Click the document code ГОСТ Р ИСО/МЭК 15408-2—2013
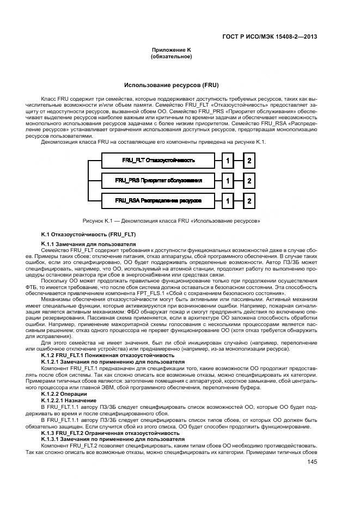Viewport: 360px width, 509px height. click(270, 37)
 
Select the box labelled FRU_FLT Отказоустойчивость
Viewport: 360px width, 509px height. click(158, 161)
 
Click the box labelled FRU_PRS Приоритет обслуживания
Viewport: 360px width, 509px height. click(158, 181)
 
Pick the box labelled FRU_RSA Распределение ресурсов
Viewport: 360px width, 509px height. click(158, 200)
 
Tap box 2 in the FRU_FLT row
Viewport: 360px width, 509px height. click(249, 161)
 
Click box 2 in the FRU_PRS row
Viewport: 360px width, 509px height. click(249, 181)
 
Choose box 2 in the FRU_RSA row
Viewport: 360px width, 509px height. click(249, 200)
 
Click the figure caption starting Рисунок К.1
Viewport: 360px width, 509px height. click(171, 221)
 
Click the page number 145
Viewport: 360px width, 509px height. click(312, 462)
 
